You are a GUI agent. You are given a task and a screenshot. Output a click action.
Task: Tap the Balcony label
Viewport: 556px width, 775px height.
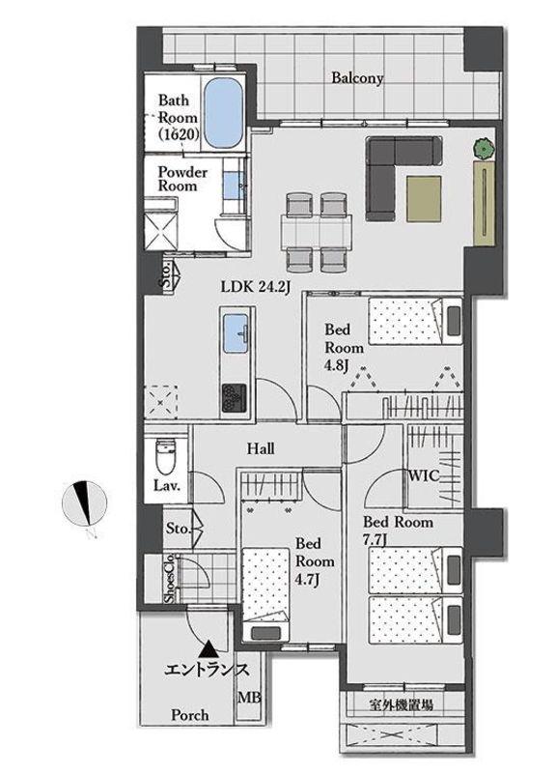(x=357, y=78)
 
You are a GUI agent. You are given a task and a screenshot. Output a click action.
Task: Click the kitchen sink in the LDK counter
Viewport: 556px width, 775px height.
(x=236, y=333)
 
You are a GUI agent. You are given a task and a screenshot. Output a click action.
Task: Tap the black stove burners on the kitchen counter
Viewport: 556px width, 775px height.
(x=234, y=398)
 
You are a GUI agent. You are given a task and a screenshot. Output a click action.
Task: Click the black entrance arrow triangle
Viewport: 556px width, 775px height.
(x=208, y=648)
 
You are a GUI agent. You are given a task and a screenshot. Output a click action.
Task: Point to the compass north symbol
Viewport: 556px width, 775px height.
(x=84, y=503)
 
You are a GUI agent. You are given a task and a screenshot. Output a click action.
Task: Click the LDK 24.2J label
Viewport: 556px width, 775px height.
(x=254, y=286)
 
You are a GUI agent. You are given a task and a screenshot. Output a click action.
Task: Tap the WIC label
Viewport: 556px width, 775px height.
(x=423, y=475)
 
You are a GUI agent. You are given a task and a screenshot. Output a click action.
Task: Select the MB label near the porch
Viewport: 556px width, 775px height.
(x=249, y=698)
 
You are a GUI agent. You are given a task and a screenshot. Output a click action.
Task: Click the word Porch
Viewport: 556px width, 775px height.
(x=189, y=715)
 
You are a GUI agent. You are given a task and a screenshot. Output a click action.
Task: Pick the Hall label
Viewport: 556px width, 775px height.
(x=261, y=448)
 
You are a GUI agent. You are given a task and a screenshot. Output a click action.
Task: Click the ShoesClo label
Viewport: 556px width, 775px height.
(x=169, y=578)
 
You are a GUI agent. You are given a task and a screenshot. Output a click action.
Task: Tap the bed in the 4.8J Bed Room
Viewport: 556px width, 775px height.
(x=415, y=321)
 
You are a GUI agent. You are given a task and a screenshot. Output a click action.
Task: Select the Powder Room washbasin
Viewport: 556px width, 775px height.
(x=231, y=184)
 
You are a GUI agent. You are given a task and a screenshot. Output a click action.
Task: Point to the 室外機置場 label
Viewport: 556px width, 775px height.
(x=401, y=704)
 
